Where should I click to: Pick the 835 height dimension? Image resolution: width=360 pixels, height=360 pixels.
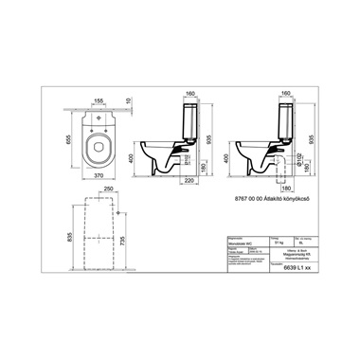(x=65, y=230)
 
